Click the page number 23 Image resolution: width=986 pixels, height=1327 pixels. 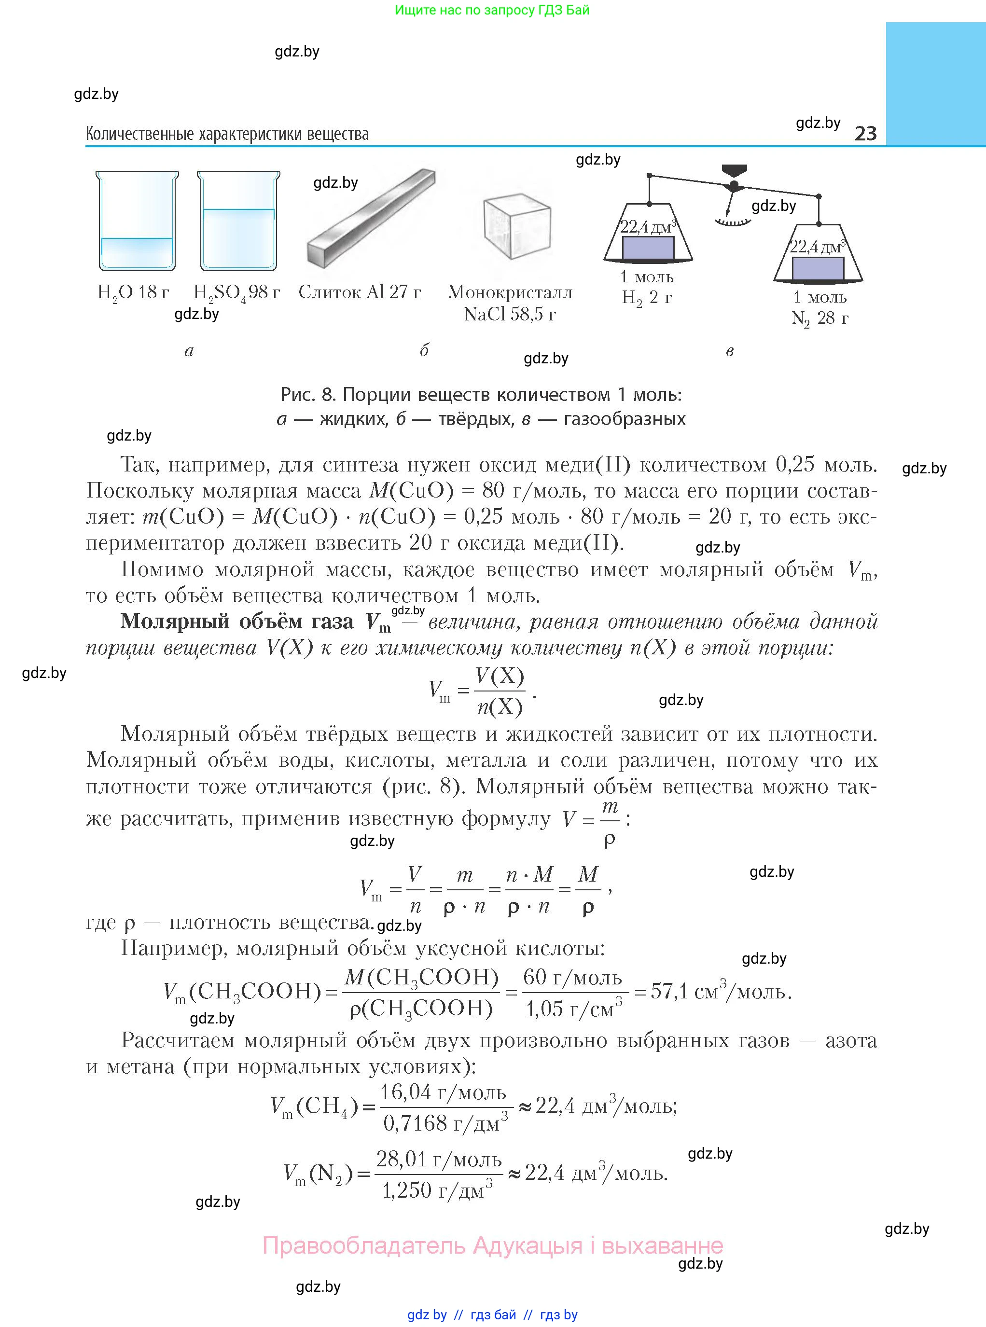click(x=865, y=133)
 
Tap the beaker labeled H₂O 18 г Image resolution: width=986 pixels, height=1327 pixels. click(x=137, y=221)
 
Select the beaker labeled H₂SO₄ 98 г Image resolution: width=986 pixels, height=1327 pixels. click(x=238, y=221)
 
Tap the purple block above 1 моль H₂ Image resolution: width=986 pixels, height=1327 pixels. click(x=648, y=248)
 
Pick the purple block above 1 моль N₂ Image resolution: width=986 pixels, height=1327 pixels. click(x=818, y=268)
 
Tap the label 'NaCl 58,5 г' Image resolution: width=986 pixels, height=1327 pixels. click(x=510, y=315)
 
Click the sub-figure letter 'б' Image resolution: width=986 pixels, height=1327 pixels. click(x=424, y=350)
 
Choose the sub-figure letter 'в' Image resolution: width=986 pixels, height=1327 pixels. click(x=729, y=351)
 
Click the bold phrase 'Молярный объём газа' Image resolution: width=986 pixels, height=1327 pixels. click(x=237, y=622)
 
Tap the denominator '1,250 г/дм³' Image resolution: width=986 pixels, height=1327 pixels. click(x=437, y=1190)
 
